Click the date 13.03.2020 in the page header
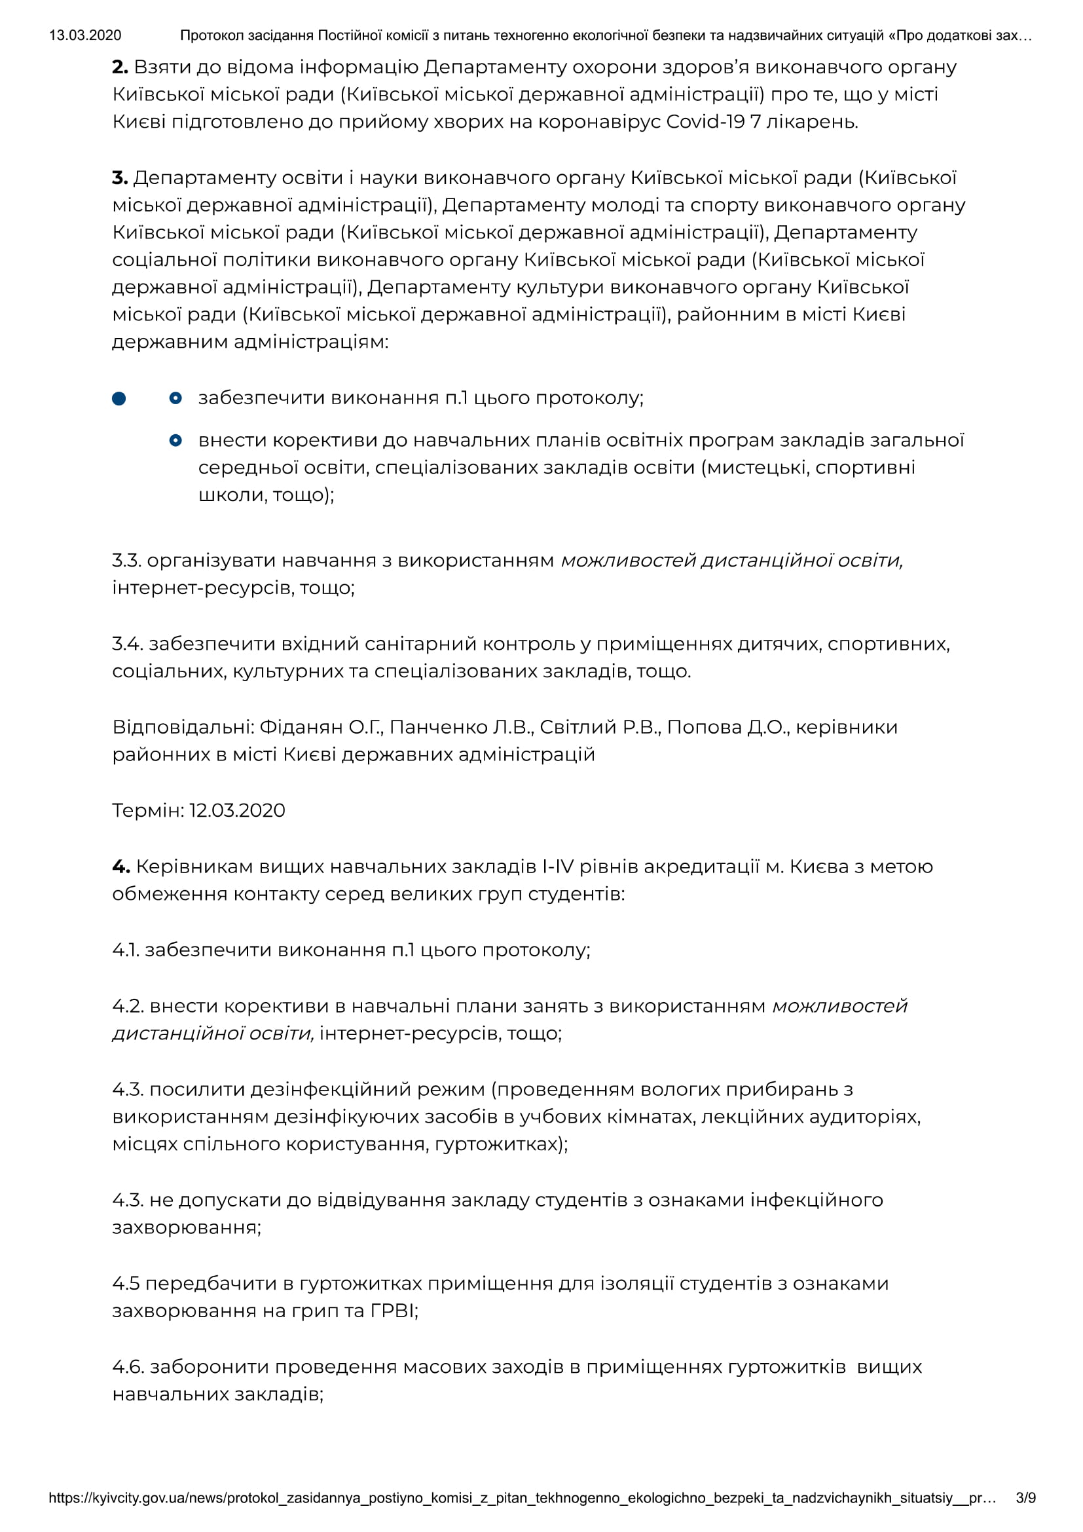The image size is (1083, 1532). pyautogui.click(x=85, y=35)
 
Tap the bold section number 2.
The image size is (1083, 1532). pyautogui.click(x=120, y=67)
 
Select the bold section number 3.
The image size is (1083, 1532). pyautogui.click(x=120, y=178)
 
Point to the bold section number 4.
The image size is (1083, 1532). pyautogui.click(x=120, y=867)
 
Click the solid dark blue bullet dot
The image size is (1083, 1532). pyautogui.click(x=119, y=398)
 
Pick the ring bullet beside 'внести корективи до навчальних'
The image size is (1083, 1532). pyautogui.click(x=175, y=440)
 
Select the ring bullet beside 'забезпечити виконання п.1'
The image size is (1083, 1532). pyautogui.click(x=175, y=398)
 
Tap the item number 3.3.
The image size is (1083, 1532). pyautogui.click(x=127, y=561)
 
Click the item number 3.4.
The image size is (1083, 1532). pyautogui.click(x=128, y=644)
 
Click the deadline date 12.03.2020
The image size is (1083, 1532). pyautogui.click(x=238, y=811)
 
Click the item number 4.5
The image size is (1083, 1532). pyautogui.click(x=126, y=1284)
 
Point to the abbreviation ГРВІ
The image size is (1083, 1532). pyautogui.click(x=394, y=1311)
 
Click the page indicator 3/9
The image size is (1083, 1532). pyautogui.click(x=1025, y=1498)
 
